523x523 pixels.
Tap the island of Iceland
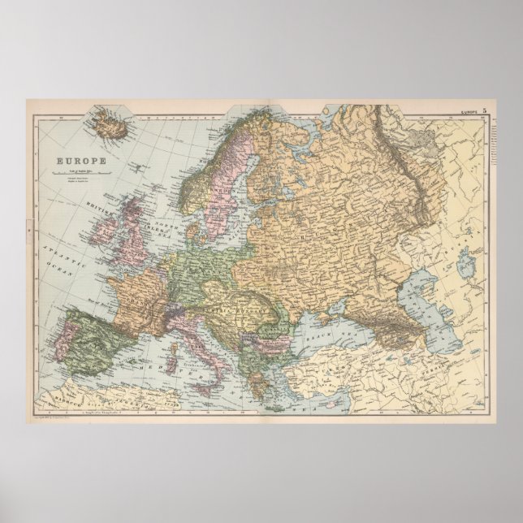[x=107, y=125]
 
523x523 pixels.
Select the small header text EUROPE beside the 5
[x=468, y=110]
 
